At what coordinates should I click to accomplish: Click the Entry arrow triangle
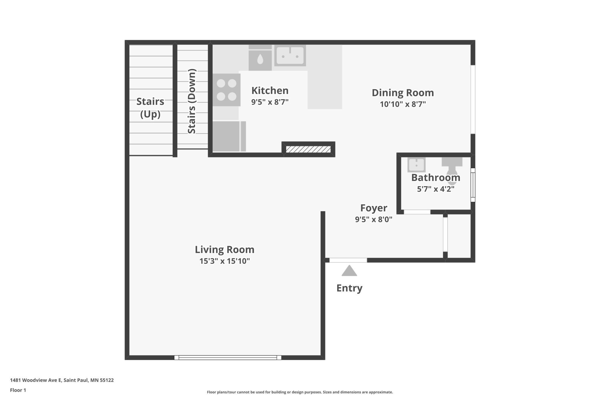click(349, 271)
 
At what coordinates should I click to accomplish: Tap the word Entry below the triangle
click(349, 288)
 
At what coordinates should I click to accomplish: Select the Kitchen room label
click(270, 90)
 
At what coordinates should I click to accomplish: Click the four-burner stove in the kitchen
click(226, 90)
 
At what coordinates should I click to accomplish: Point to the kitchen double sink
click(290, 55)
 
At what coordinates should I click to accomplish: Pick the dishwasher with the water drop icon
click(260, 60)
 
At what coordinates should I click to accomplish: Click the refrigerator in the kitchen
click(229, 136)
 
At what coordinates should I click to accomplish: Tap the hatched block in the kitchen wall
click(308, 149)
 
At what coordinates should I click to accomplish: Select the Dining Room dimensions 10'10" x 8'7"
click(403, 104)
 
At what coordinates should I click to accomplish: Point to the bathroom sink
click(416, 165)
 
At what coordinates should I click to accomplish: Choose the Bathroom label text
click(436, 177)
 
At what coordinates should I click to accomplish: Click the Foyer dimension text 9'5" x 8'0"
click(374, 220)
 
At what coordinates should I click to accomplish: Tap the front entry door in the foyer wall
click(348, 260)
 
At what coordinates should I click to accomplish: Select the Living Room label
click(224, 250)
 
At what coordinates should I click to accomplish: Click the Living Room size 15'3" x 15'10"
click(224, 261)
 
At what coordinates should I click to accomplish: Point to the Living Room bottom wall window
click(228, 358)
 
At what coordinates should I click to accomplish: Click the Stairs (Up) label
click(150, 108)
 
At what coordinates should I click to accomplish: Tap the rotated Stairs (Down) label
click(192, 101)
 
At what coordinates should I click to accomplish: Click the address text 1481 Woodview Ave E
click(36, 380)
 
